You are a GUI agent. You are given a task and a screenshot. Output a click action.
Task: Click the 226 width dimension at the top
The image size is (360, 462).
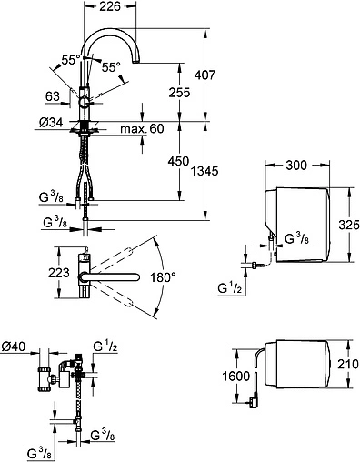tap(110, 6)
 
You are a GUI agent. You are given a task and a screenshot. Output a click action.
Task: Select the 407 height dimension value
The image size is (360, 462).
tap(205, 75)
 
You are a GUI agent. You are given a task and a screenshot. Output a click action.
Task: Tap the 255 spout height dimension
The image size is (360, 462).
tap(179, 92)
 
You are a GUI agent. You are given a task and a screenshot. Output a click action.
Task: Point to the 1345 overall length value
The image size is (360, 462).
tap(205, 171)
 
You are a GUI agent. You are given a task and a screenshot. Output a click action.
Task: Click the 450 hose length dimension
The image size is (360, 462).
tap(179, 161)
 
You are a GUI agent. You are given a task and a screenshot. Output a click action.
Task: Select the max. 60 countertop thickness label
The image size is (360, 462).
tap(142, 128)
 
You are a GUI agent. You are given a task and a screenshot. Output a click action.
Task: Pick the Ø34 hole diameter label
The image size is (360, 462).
tap(51, 123)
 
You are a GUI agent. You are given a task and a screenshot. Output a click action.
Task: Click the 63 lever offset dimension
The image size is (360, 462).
tap(53, 96)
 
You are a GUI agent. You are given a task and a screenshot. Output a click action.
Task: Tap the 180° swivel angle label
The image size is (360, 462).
tap(163, 277)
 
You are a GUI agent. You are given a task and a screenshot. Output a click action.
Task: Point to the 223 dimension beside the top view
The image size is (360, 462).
tap(59, 273)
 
